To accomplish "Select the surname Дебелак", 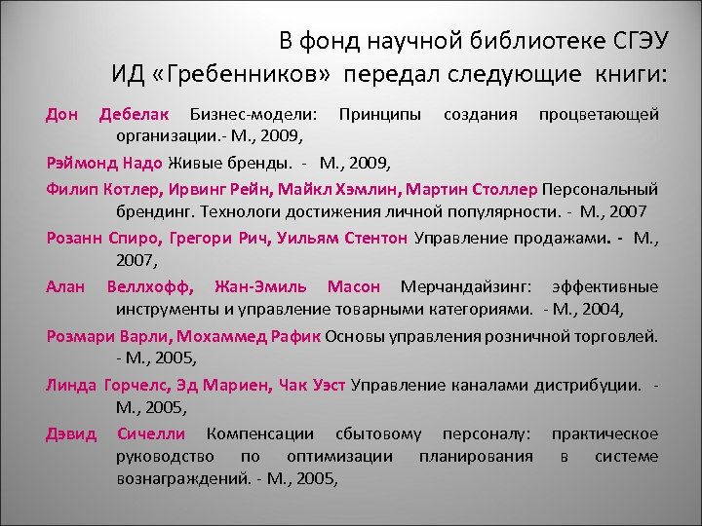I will [x=136, y=115].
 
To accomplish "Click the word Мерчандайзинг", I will [x=465, y=286].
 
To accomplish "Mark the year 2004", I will [x=602, y=310].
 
